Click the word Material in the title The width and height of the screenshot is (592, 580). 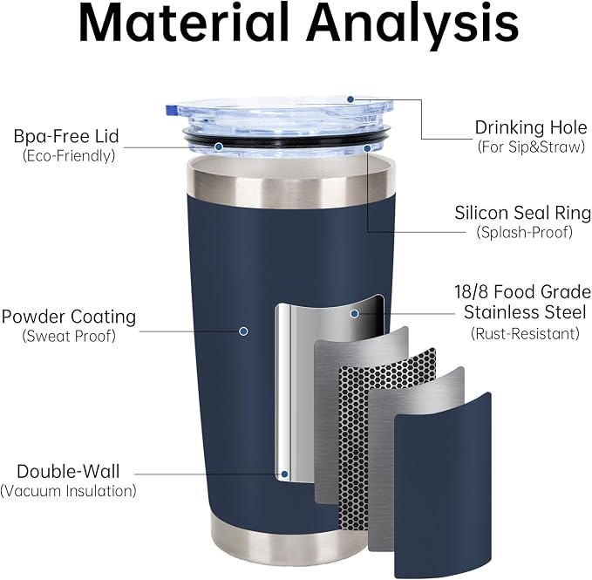[183, 23]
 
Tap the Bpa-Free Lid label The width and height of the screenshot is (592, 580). [66, 136]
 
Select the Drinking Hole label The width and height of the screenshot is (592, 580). [530, 127]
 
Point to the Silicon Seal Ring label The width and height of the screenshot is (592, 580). [523, 213]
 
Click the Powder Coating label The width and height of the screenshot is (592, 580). [68, 317]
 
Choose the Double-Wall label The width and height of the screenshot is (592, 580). [68, 472]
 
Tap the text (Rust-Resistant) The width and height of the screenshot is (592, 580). [525, 333]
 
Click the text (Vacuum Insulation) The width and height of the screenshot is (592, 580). [68, 491]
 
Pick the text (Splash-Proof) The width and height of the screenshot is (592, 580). [524, 232]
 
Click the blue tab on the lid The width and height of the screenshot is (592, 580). [171, 110]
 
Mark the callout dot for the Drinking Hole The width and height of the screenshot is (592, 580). [350, 99]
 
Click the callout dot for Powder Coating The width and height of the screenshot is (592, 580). [243, 331]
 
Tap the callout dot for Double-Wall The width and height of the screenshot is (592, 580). [285, 474]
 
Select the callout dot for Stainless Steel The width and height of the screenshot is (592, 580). [354, 313]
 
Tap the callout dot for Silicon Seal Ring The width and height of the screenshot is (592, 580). [366, 148]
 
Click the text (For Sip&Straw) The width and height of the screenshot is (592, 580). [531, 147]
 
